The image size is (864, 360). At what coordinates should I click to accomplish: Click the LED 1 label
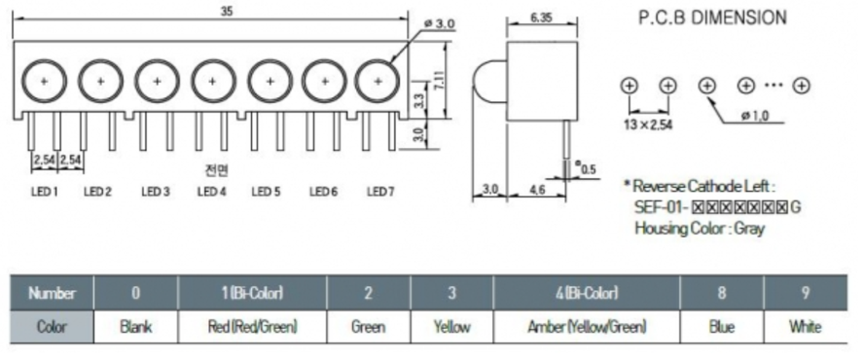(x=44, y=192)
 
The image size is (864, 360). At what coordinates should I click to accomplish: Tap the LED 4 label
(x=211, y=192)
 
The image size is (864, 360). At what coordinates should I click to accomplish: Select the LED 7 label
(x=380, y=192)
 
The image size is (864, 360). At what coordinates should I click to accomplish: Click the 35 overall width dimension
(x=227, y=11)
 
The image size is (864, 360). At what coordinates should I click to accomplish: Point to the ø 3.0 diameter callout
(x=439, y=23)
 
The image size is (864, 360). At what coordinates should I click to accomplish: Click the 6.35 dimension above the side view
(x=541, y=18)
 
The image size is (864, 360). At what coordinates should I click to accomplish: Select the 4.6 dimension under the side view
(x=537, y=189)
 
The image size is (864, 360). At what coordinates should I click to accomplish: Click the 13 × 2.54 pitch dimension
(x=648, y=125)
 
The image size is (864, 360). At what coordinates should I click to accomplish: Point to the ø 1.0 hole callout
(x=755, y=116)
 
